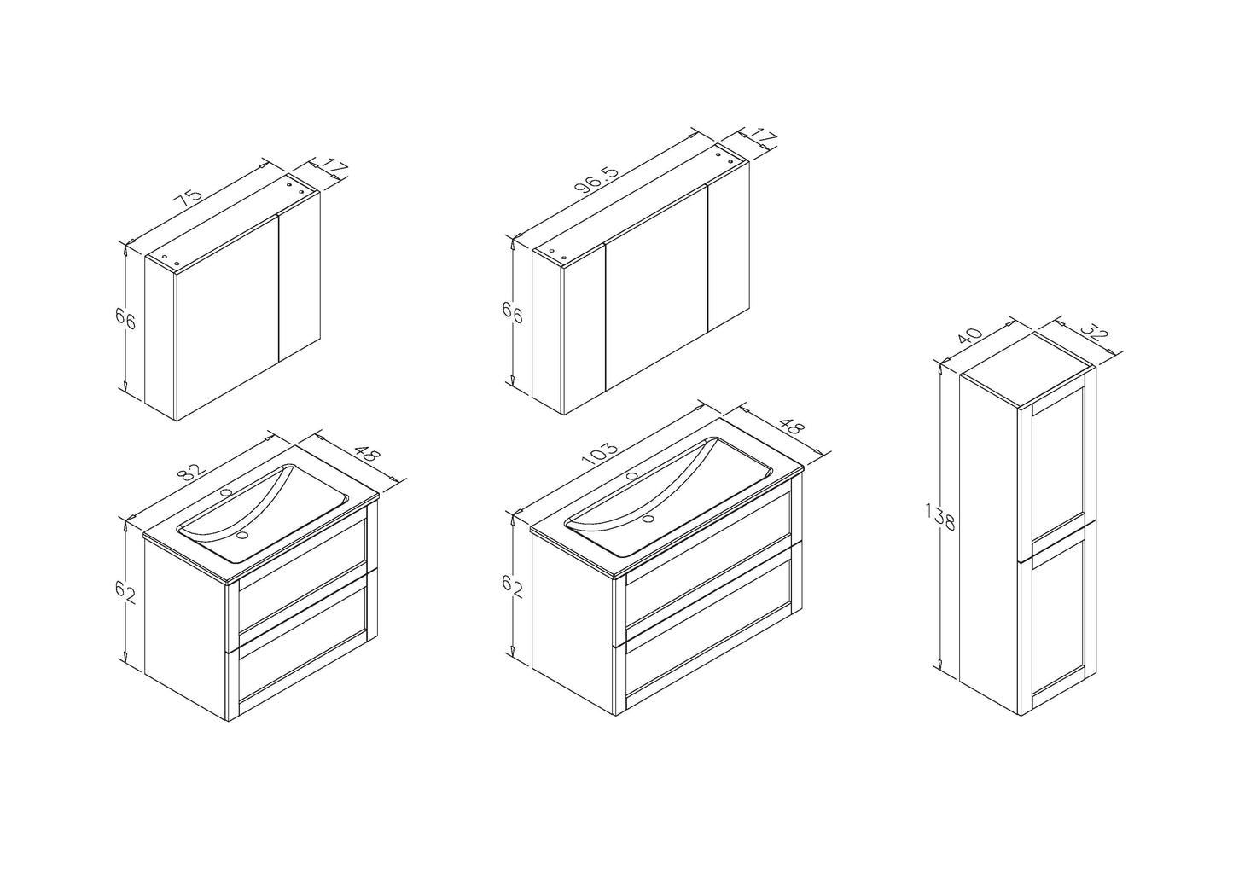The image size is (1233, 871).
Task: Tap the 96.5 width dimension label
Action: pyautogui.click(x=597, y=179)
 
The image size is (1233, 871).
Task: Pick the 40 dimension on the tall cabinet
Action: pyautogui.click(x=970, y=335)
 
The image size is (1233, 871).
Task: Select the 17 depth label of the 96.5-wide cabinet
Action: pyautogui.click(x=763, y=137)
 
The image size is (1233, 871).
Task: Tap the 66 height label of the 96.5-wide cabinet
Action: pyautogui.click(x=513, y=315)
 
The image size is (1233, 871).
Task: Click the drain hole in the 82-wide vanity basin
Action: pyautogui.click(x=242, y=535)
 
